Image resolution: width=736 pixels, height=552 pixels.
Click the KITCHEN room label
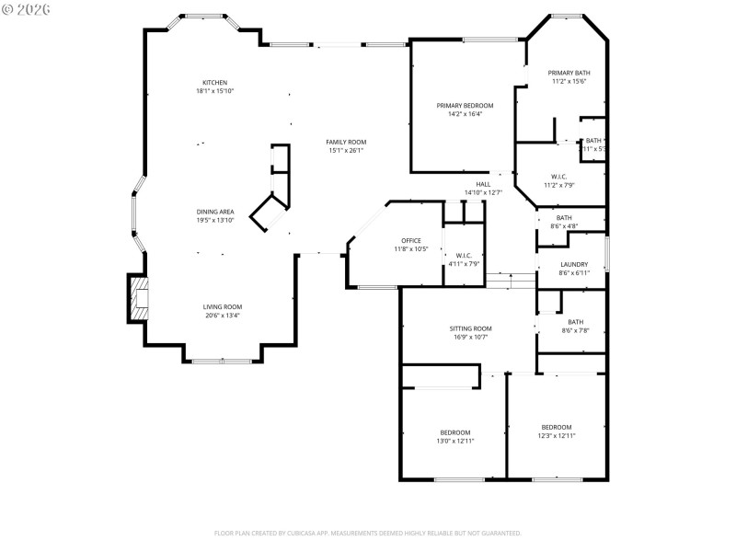[214, 83]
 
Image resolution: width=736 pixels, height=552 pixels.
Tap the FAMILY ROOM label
[346, 142]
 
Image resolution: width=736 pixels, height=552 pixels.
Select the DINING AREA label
[214, 212]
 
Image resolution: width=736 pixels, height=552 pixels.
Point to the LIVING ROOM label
[223, 306]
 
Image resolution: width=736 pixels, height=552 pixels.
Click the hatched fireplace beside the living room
[138, 300]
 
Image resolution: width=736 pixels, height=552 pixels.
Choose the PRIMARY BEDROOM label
[464, 106]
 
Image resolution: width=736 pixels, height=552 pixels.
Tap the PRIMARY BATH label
[569, 73]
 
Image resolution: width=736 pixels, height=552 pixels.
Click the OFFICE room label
[410, 240]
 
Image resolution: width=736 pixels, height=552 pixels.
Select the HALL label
[483, 184]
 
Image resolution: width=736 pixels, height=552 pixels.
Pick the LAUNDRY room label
[574, 264]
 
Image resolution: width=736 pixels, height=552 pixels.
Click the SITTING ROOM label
[470, 328]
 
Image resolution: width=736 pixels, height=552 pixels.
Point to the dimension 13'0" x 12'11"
[454, 441]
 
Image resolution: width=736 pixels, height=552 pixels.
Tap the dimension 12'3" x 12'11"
[556, 435]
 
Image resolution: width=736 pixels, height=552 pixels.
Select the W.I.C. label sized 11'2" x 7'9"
[558, 176]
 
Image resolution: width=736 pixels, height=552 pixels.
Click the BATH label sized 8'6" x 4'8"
[563, 218]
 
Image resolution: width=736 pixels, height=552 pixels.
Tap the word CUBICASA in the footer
[314, 533]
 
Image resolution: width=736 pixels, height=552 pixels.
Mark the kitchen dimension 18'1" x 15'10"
[214, 91]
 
